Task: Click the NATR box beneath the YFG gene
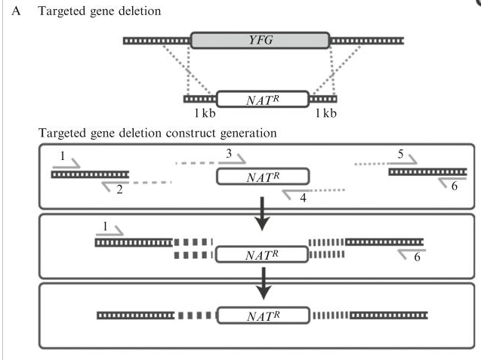(263, 99)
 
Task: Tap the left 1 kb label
(205, 114)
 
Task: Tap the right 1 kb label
(325, 114)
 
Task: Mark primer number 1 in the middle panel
(103, 225)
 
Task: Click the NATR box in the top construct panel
(263, 177)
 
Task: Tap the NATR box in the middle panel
(263, 254)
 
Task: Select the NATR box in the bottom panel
(263, 315)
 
